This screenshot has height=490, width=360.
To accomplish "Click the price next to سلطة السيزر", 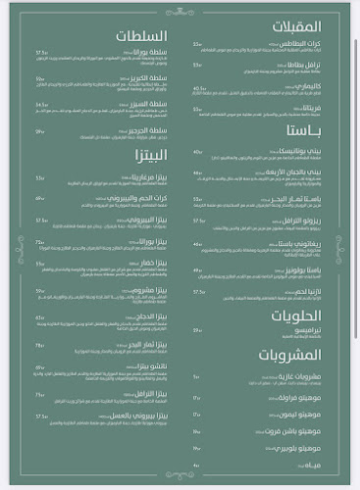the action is [41, 105].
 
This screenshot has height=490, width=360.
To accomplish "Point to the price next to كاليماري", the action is [198, 87].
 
